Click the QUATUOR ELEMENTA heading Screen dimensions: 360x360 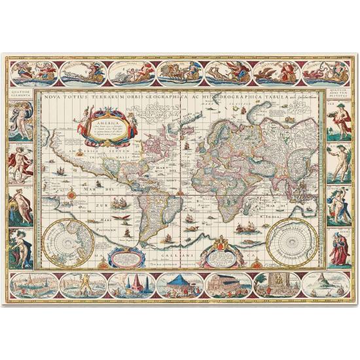21,94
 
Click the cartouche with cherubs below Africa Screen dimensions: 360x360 219,252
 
